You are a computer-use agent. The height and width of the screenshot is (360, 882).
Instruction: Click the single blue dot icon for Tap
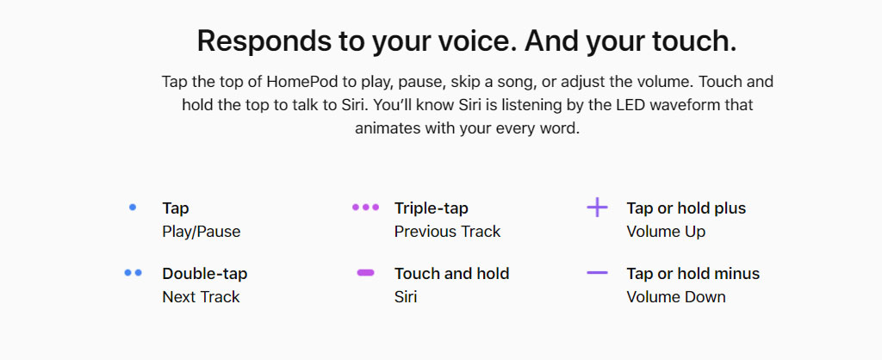click(x=133, y=208)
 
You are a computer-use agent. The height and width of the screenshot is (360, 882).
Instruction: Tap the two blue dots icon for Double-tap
click(x=134, y=273)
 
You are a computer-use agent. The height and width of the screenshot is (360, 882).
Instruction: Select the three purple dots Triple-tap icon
click(x=365, y=208)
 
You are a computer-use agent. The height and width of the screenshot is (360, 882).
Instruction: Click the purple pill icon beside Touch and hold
click(x=365, y=273)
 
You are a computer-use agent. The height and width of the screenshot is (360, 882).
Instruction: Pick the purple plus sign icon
click(x=598, y=208)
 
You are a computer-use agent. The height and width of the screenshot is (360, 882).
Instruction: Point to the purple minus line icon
click(x=598, y=273)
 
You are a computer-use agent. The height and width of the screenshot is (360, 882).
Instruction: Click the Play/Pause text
click(x=202, y=232)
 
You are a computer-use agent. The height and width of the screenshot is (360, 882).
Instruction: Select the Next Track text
click(x=201, y=297)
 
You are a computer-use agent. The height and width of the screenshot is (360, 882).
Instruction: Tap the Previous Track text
click(x=447, y=232)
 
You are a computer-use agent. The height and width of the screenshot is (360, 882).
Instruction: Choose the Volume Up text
click(x=666, y=232)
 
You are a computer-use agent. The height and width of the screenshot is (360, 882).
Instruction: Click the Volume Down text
click(x=676, y=297)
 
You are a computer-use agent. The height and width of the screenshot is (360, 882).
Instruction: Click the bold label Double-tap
click(x=205, y=274)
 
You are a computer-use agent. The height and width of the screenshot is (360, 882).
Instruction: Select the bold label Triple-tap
click(x=432, y=208)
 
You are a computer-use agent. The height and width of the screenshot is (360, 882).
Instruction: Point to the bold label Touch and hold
click(x=451, y=273)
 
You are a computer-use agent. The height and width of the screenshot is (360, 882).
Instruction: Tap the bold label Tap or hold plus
click(x=686, y=208)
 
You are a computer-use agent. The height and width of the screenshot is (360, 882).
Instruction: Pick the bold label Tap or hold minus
click(x=693, y=274)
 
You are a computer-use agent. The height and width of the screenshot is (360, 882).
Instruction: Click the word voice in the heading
click(x=464, y=41)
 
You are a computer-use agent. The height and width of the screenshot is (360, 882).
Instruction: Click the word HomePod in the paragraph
click(x=302, y=82)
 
